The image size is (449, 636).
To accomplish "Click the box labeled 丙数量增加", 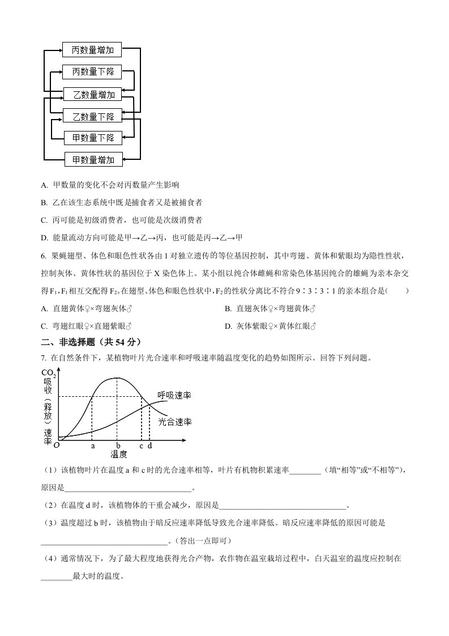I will tap(93, 50).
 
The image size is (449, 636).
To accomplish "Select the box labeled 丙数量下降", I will tap(93, 72).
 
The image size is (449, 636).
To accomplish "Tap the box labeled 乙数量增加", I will tap(93, 94).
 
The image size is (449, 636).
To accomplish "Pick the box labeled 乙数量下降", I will tap(93, 116).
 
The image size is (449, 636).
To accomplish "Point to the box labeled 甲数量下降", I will tap(93, 138).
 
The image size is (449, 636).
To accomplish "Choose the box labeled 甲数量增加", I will tap(93, 160).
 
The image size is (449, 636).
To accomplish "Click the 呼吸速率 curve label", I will tap(174, 396).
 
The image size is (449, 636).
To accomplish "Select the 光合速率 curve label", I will tap(175, 422).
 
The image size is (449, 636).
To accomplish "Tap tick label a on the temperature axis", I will tap(93, 446).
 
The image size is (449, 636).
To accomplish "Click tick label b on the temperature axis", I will tap(118, 446).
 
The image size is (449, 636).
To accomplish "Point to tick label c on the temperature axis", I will tap(141, 446).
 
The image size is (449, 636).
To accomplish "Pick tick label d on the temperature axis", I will tap(149, 446).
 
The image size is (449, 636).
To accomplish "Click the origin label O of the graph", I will tap(56, 446).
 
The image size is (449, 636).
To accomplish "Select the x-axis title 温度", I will tap(118, 454).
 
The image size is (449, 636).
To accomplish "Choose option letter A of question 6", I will tap(44, 308).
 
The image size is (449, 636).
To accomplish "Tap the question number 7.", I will tap(43, 358).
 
